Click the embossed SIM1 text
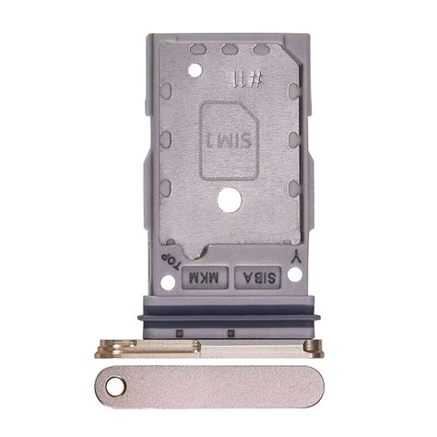221,139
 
